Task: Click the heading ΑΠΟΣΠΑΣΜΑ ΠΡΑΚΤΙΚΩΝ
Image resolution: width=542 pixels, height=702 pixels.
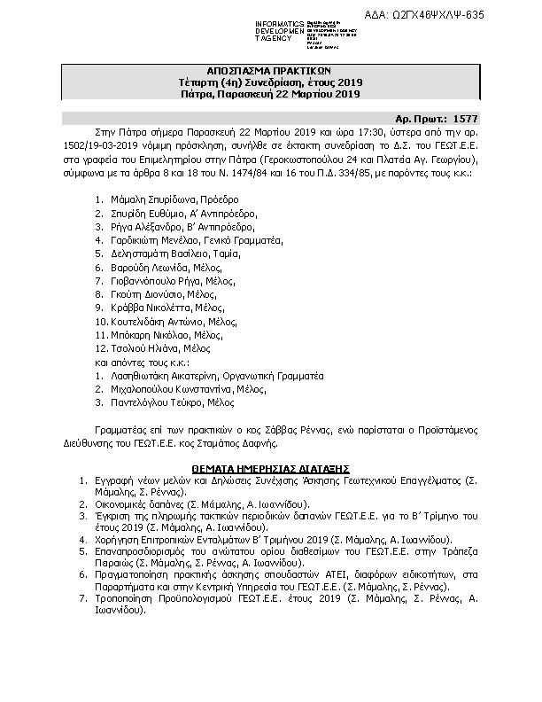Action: point(271,71)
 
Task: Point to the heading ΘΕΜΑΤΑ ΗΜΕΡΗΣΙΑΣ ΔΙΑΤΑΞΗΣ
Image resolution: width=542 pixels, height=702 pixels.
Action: point(271,467)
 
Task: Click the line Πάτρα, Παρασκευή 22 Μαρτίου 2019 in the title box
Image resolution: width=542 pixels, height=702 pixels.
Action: point(271,94)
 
